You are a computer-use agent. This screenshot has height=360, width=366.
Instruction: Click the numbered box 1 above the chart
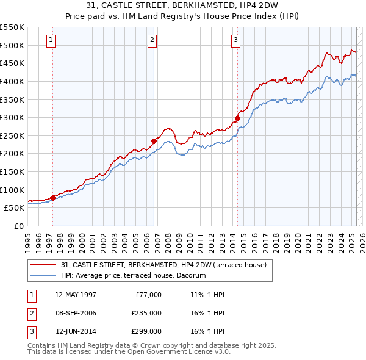[51, 41]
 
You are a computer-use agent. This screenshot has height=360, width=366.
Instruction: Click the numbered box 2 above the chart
[152, 41]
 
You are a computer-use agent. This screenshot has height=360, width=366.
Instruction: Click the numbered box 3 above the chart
[235, 41]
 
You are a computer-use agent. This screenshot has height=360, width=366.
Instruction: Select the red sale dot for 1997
[52, 198]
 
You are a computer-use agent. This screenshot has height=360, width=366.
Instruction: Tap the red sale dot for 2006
[154, 141]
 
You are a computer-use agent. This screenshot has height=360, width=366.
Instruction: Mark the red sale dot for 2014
[237, 118]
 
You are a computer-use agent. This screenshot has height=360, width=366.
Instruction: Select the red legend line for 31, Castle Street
[43, 265]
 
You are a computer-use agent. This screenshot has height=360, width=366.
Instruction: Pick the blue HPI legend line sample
[43, 276]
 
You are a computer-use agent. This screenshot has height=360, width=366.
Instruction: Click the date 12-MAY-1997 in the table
[76, 295]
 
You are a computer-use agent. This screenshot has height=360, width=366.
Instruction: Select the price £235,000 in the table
[146, 313]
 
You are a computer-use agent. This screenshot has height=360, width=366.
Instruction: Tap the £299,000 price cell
[146, 331]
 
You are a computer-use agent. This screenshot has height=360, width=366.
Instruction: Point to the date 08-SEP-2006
[76, 313]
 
